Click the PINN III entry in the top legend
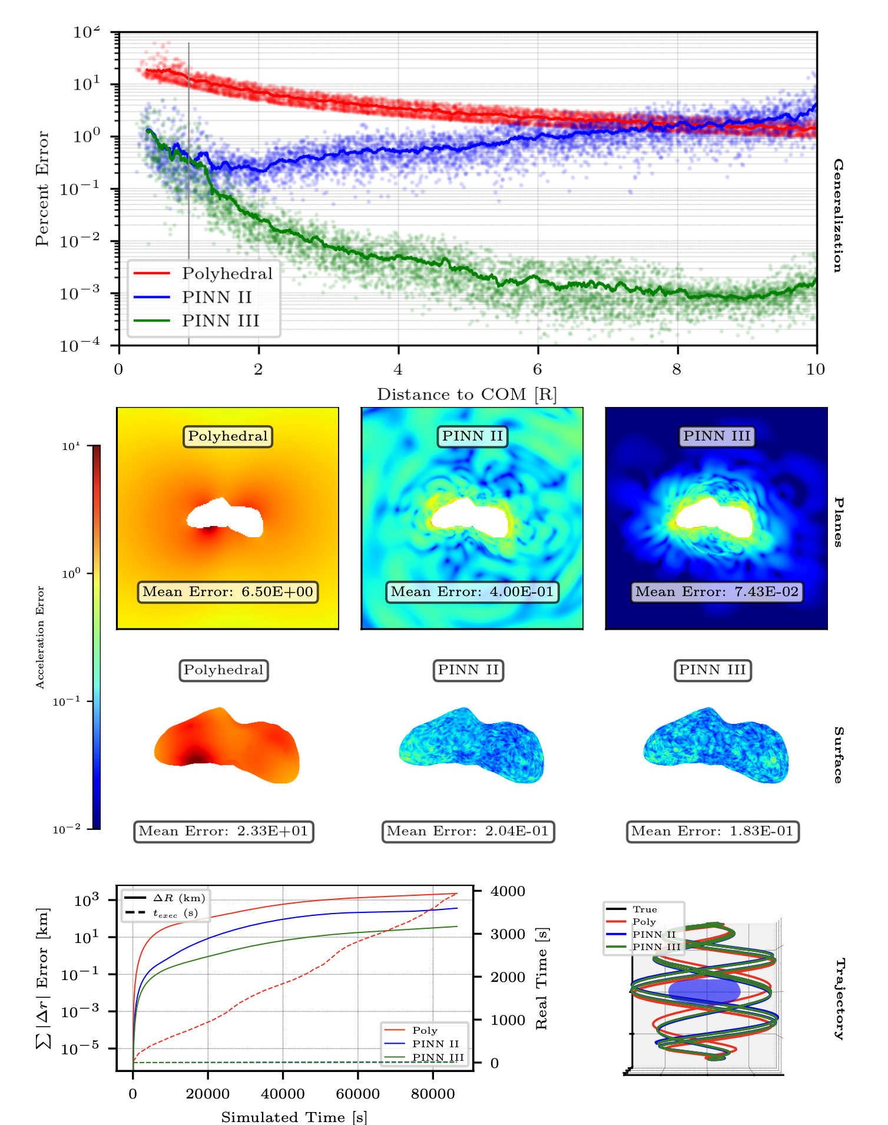(220, 321)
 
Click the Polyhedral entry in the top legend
(226, 274)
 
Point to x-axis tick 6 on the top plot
(537, 370)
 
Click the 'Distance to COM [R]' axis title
(466, 395)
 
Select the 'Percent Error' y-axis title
(42, 188)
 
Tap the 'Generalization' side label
(837, 216)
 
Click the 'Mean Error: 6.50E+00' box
(228, 592)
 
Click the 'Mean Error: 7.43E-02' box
(717, 592)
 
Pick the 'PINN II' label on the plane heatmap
(472, 436)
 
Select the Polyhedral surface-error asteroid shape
(227, 746)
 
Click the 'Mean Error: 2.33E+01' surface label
(223, 832)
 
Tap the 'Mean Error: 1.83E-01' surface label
(713, 832)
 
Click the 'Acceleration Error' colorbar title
(40, 637)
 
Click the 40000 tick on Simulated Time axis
(283, 1094)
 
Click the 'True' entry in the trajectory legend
(644, 909)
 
